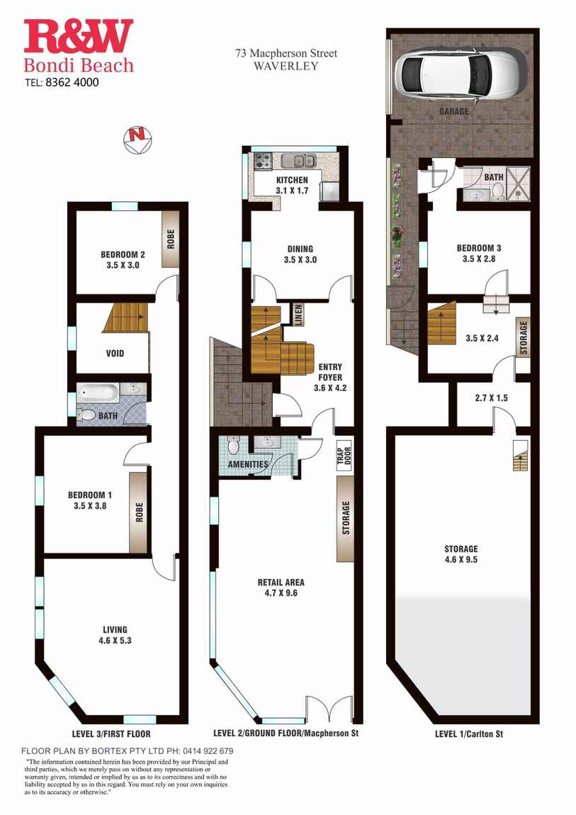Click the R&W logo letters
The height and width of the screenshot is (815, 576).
(78, 37)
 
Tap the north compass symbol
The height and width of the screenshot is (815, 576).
(135, 137)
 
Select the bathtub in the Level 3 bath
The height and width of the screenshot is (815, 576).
(97, 392)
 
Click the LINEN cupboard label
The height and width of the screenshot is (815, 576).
(298, 315)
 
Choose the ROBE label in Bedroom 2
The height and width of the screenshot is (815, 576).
(171, 239)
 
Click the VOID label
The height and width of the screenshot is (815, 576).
(114, 353)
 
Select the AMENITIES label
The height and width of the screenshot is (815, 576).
(248, 464)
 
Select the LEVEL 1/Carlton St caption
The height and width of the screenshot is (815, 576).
(468, 734)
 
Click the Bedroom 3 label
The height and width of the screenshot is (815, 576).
(479, 248)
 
